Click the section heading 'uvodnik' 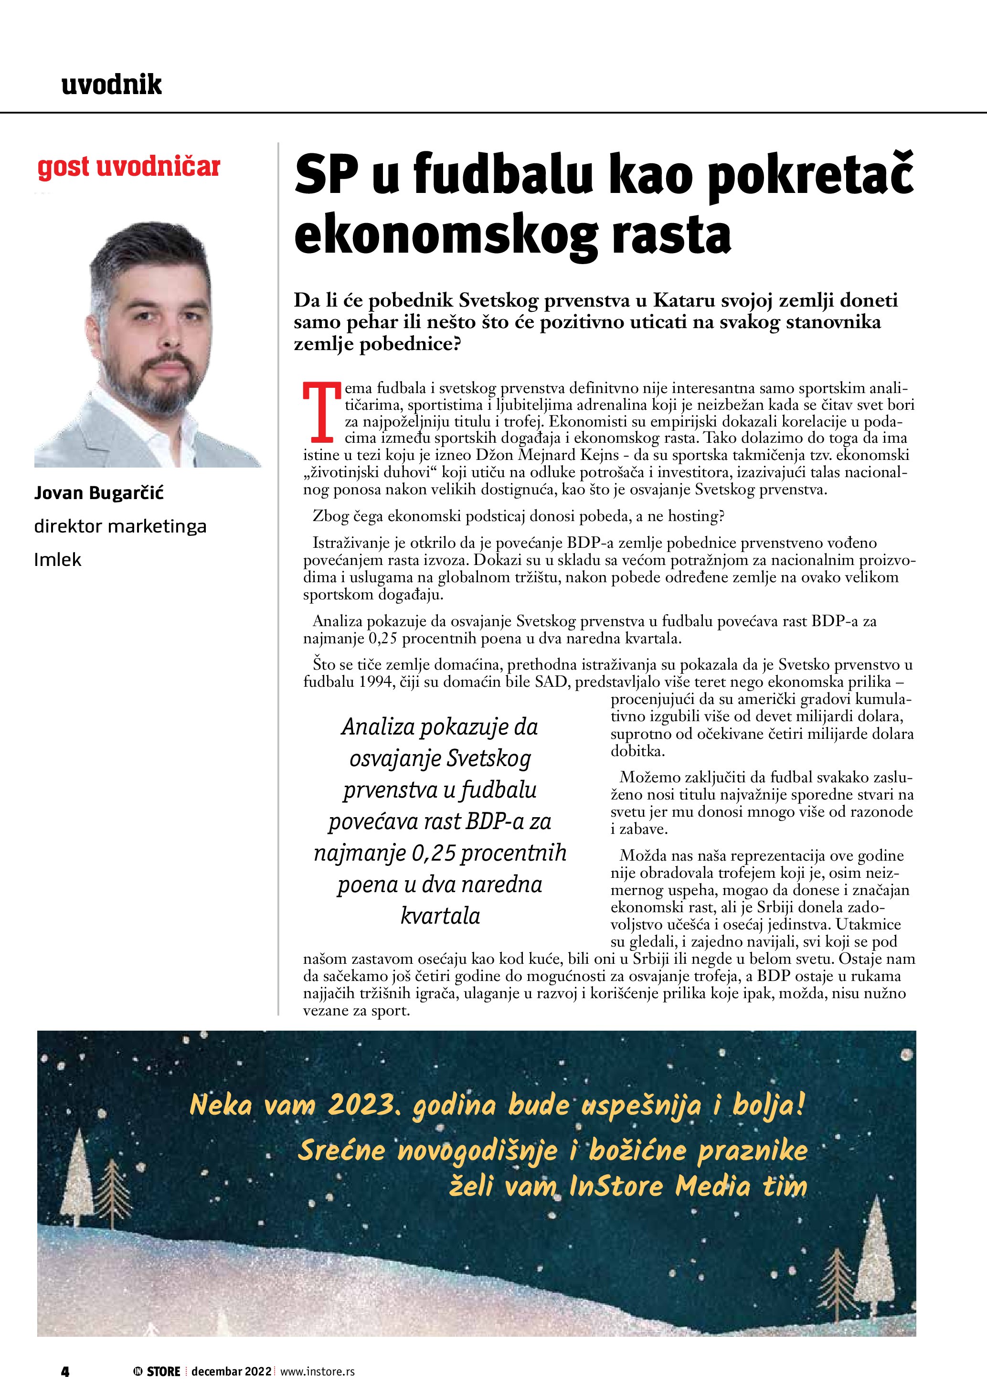(x=112, y=85)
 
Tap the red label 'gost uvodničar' (x=128, y=167)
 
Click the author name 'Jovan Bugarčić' (x=99, y=492)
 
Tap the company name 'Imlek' (x=58, y=559)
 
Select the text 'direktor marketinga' (x=120, y=526)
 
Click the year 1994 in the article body (x=375, y=682)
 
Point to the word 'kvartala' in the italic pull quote (x=440, y=916)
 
